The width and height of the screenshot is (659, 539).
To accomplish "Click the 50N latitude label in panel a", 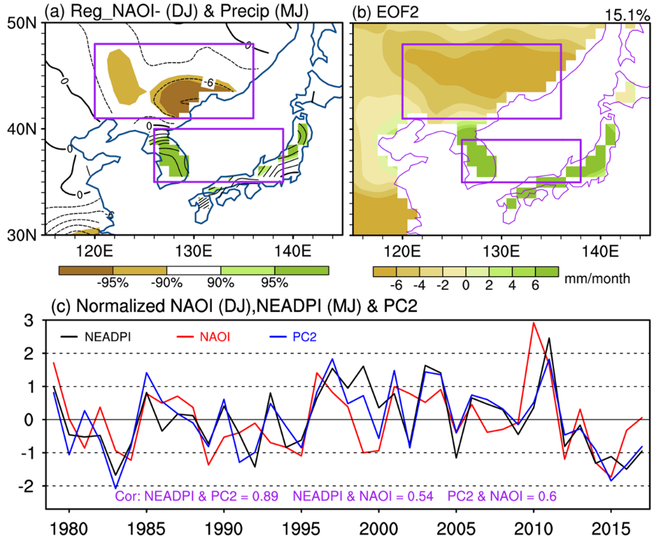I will click(23, 22).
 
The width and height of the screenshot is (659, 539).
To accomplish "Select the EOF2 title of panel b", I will click(384, 12).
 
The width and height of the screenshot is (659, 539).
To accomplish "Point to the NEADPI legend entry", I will click(108, 338).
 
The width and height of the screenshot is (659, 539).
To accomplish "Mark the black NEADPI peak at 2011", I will click(548, 338).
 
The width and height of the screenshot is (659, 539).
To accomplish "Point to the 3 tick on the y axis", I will click(29, 320).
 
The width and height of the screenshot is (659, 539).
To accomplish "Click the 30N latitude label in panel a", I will click(23, 234).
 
